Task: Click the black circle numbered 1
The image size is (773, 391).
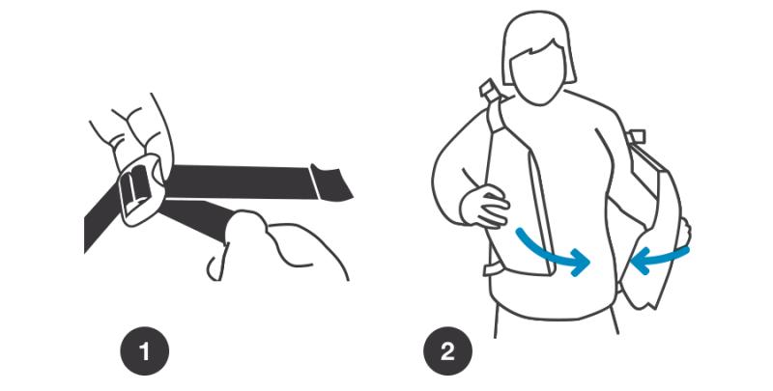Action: [144, 351]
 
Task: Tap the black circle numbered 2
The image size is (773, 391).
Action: [447, 351]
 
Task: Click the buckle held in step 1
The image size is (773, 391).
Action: [140, 189]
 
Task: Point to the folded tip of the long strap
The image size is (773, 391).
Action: [331, 182]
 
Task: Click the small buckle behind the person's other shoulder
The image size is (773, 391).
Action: [637, 136]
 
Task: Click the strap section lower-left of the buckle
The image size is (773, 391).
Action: [100, 219]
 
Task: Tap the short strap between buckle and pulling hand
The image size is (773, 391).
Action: [197, 216]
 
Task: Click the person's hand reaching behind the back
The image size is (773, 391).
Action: [684, 233]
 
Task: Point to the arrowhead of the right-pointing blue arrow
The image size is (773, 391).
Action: [581, 262]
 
